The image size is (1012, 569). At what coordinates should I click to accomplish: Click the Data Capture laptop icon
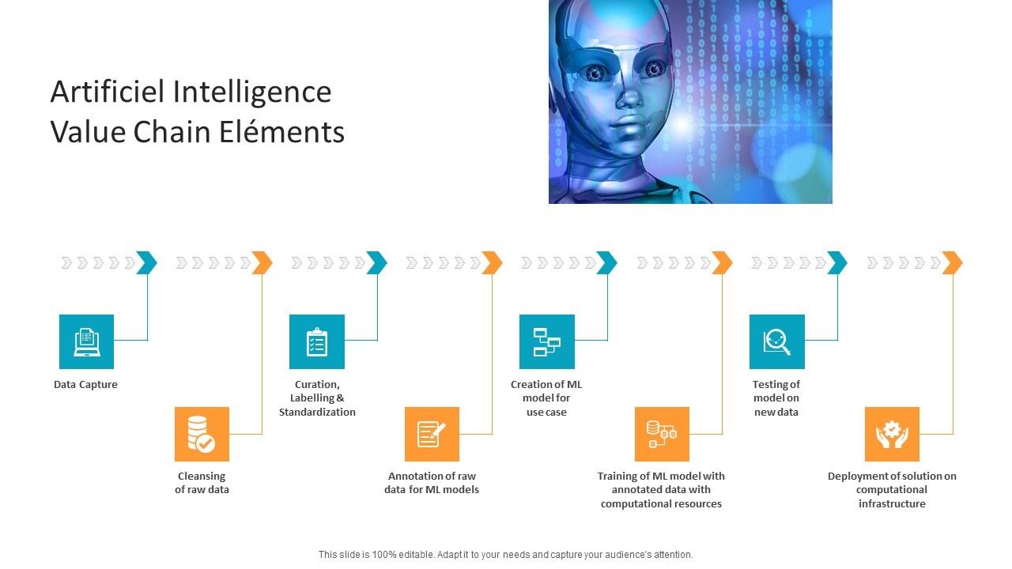coord(86,341)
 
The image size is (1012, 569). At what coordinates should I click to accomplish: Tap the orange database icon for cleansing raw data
coord(202,434)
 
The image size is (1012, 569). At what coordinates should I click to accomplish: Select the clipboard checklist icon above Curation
coord(316,341)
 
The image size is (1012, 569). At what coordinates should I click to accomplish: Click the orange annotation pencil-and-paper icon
coord(432,434)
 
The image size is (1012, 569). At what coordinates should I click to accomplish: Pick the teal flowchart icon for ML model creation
coord(546,341)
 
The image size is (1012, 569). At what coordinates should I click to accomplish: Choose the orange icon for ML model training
coord(662,434)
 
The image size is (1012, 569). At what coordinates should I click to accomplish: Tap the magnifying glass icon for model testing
coord(776,341)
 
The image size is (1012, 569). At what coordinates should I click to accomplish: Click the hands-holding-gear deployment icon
coord(892,434)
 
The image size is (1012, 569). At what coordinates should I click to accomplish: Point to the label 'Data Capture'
coord(85,385)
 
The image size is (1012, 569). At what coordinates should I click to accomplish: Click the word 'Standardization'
coord(317,412)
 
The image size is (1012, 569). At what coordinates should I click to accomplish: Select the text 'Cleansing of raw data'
coord(202,483)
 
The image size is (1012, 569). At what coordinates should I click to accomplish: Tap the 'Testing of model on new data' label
coord(776,398)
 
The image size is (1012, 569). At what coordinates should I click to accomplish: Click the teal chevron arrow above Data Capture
coord(146,262)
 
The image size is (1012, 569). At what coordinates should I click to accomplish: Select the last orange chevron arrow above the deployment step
coord(952,262)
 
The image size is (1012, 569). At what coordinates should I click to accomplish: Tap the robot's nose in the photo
coord(630,96)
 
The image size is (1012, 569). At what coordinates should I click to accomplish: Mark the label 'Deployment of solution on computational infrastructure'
coord(892,490)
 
